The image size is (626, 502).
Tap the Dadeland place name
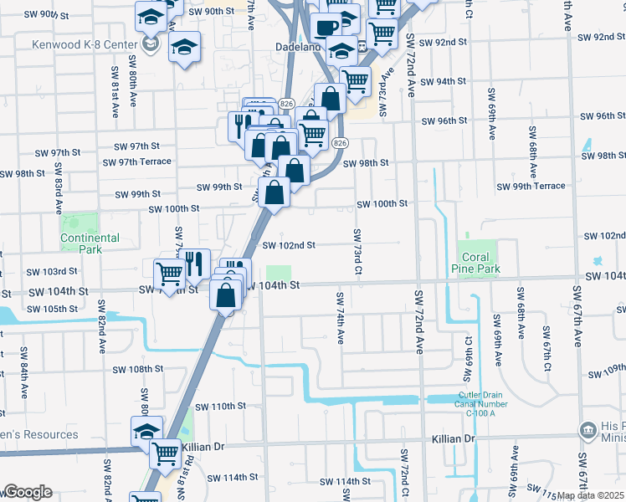point(299,48)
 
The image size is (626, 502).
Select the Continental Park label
point(90,243)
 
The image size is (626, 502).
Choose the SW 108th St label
point(135,369)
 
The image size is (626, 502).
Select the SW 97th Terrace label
point(136,161)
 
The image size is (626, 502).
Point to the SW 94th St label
point(443,82)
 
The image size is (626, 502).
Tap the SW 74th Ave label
point(341,318)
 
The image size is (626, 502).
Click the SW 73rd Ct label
point(357,251)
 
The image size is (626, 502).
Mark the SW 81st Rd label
point(189,474)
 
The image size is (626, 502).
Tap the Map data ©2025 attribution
point(590,495)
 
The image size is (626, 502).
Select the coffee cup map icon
point(326,27)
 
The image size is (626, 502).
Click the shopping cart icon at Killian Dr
point(165,453)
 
